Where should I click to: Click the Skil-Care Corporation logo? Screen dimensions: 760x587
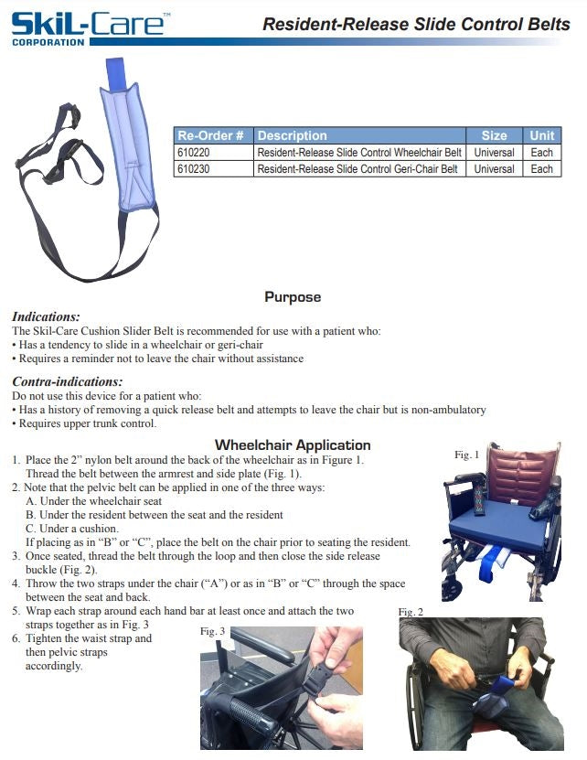pyautogui.click(x=87, y=25)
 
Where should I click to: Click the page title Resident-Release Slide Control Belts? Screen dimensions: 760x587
pyautogui.click(x=416, y=25)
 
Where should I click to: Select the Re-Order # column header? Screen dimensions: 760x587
pyautogui.click(x=212, y=135)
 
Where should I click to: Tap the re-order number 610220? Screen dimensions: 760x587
pyautogui.click(x=193, y=153)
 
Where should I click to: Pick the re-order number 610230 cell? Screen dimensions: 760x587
pyautogui.click(x=193, y=169)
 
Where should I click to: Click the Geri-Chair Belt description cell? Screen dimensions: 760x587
pyautogui.click(x=357, y=169)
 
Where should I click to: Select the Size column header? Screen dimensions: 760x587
pyautogui.click(x=494, y=135)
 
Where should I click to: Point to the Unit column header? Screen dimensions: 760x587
pyautogui.click(x=542, y=135)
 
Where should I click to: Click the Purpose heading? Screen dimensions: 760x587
pyautogui.click(x=293, y=297)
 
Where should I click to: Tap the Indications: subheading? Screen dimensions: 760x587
pyautogui.click(x=46, y=316)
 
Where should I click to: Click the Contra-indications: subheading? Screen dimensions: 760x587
pyautogui.click(x=67, y=381)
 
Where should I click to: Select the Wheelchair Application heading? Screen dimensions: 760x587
pyautogui.click(x=293, y=445)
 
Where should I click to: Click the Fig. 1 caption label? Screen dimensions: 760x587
pyautogui.click(x=467, y=455)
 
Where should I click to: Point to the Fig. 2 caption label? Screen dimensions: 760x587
pyautogui.click(x=411, y=611)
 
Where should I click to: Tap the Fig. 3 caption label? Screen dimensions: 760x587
pyautogui.click(x=212, y=631)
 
